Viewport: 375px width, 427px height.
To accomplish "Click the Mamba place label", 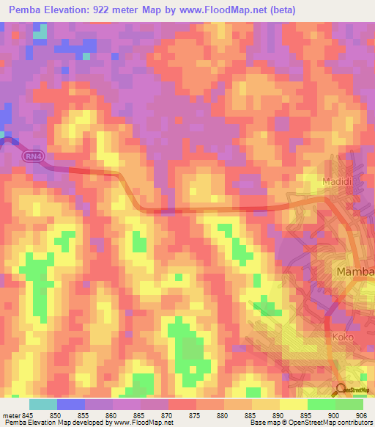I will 354,272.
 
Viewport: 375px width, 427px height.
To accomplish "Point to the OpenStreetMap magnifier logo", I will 342,389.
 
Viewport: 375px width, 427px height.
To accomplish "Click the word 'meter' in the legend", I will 12,414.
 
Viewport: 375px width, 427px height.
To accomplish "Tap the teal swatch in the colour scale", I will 42,404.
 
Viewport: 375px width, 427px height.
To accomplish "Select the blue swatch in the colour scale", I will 70,404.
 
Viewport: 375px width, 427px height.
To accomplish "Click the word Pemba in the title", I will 26,10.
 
